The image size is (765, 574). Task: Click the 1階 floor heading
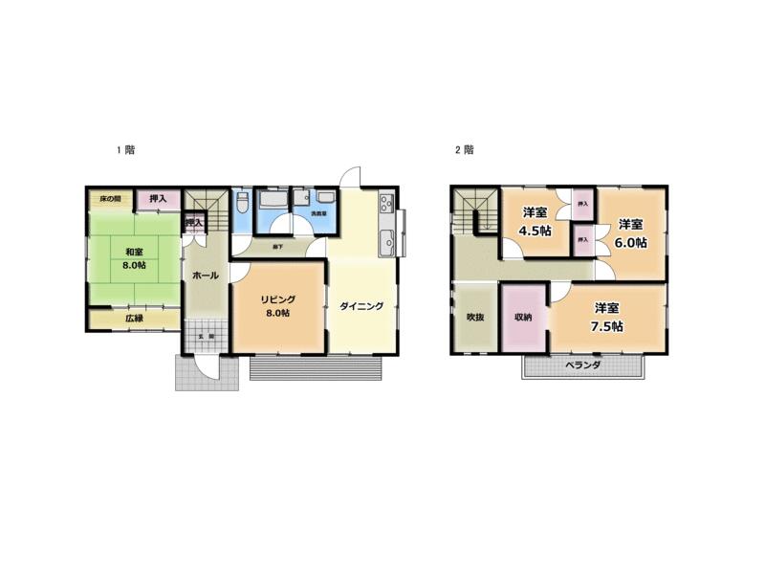(125, 150)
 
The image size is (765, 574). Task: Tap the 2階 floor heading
(465, 150)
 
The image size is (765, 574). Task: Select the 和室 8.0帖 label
(133, 258)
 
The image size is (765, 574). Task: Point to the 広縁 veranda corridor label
(133, 319)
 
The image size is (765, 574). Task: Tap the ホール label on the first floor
(206, 276)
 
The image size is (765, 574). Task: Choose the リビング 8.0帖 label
(279, 305)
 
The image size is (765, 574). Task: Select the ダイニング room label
(361, 307)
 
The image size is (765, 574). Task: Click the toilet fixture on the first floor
(243, 205)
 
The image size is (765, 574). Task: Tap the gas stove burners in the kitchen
(385, 204)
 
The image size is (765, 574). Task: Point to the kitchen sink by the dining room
(385, 240)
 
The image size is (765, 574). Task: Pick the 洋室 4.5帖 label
(535, 222)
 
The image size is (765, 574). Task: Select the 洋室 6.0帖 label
(629, 233)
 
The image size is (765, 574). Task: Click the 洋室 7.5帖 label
(606, 317)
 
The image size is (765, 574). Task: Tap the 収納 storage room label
(522, 317)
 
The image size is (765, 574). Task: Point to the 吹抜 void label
(475, 317)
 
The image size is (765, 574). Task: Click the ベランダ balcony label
(581, 365)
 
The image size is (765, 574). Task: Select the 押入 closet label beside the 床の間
(157, 199)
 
